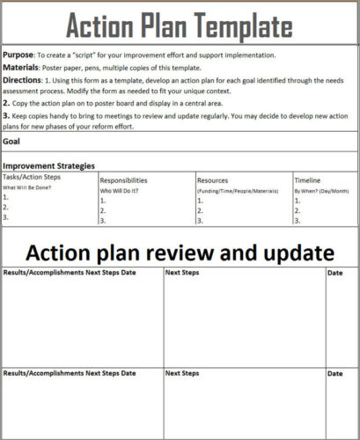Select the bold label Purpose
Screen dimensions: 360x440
tap(18, 55)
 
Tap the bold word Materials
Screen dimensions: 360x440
tap(21, 67)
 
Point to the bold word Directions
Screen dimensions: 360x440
tap(23, 79)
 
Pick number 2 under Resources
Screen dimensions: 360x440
tap(199, 210)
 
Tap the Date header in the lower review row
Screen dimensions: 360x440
tap(335, 373)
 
